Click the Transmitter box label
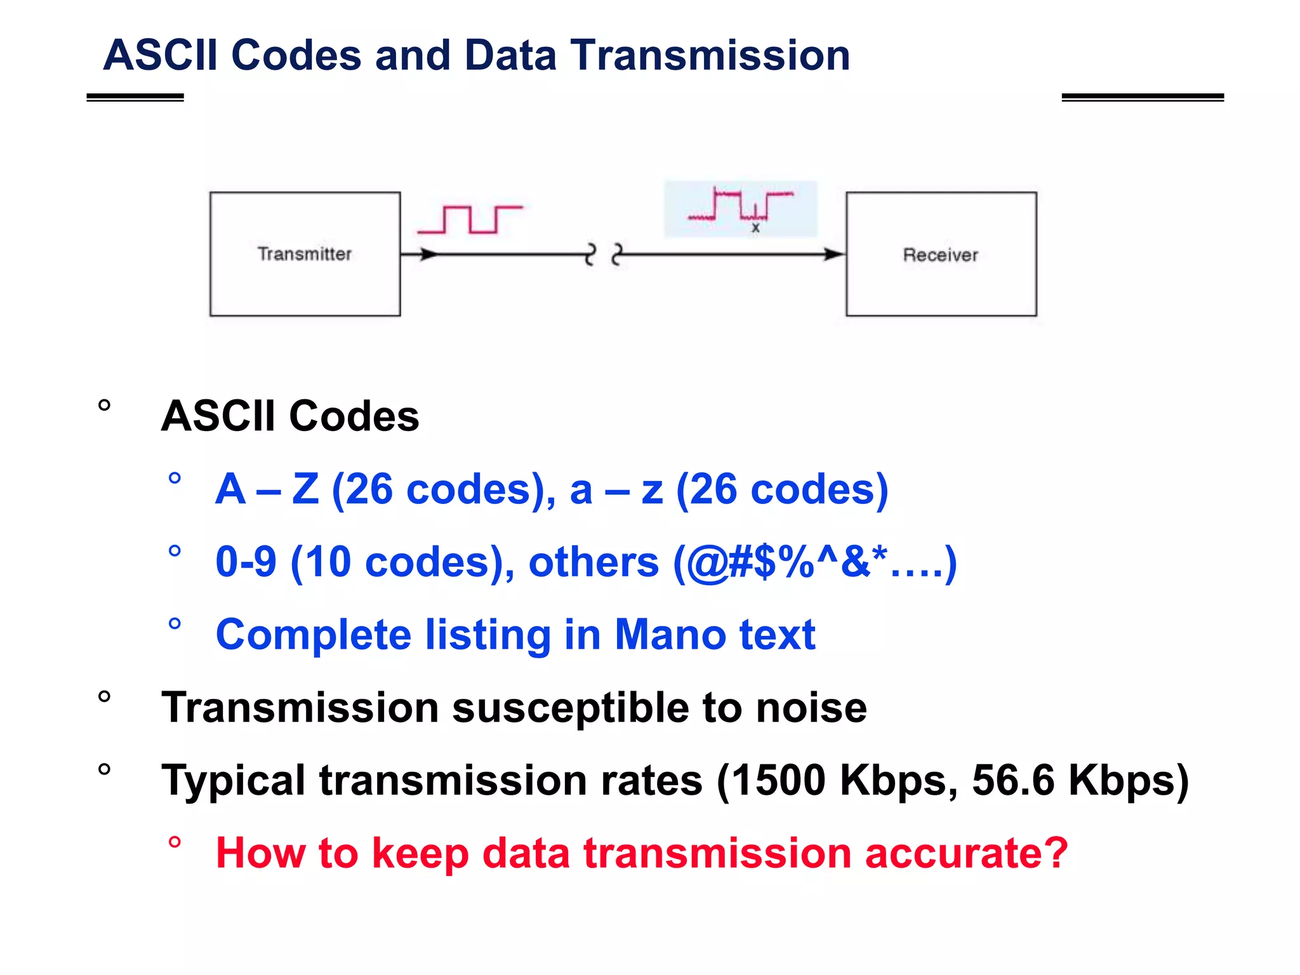coord(304,254)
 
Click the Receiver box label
coord(940,255)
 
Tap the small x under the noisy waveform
coord(755,228)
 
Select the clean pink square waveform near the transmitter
coord(470,220)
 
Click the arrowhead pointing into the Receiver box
coord(833,255)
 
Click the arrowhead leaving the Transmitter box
coord(428,255)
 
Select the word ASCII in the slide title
coord(160,55)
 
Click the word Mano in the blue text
coord(670,634)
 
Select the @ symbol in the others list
coord(706,562)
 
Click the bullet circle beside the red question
coord(175,842)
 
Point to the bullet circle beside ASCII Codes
coord(105,405)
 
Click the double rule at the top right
coord(1142,97)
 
